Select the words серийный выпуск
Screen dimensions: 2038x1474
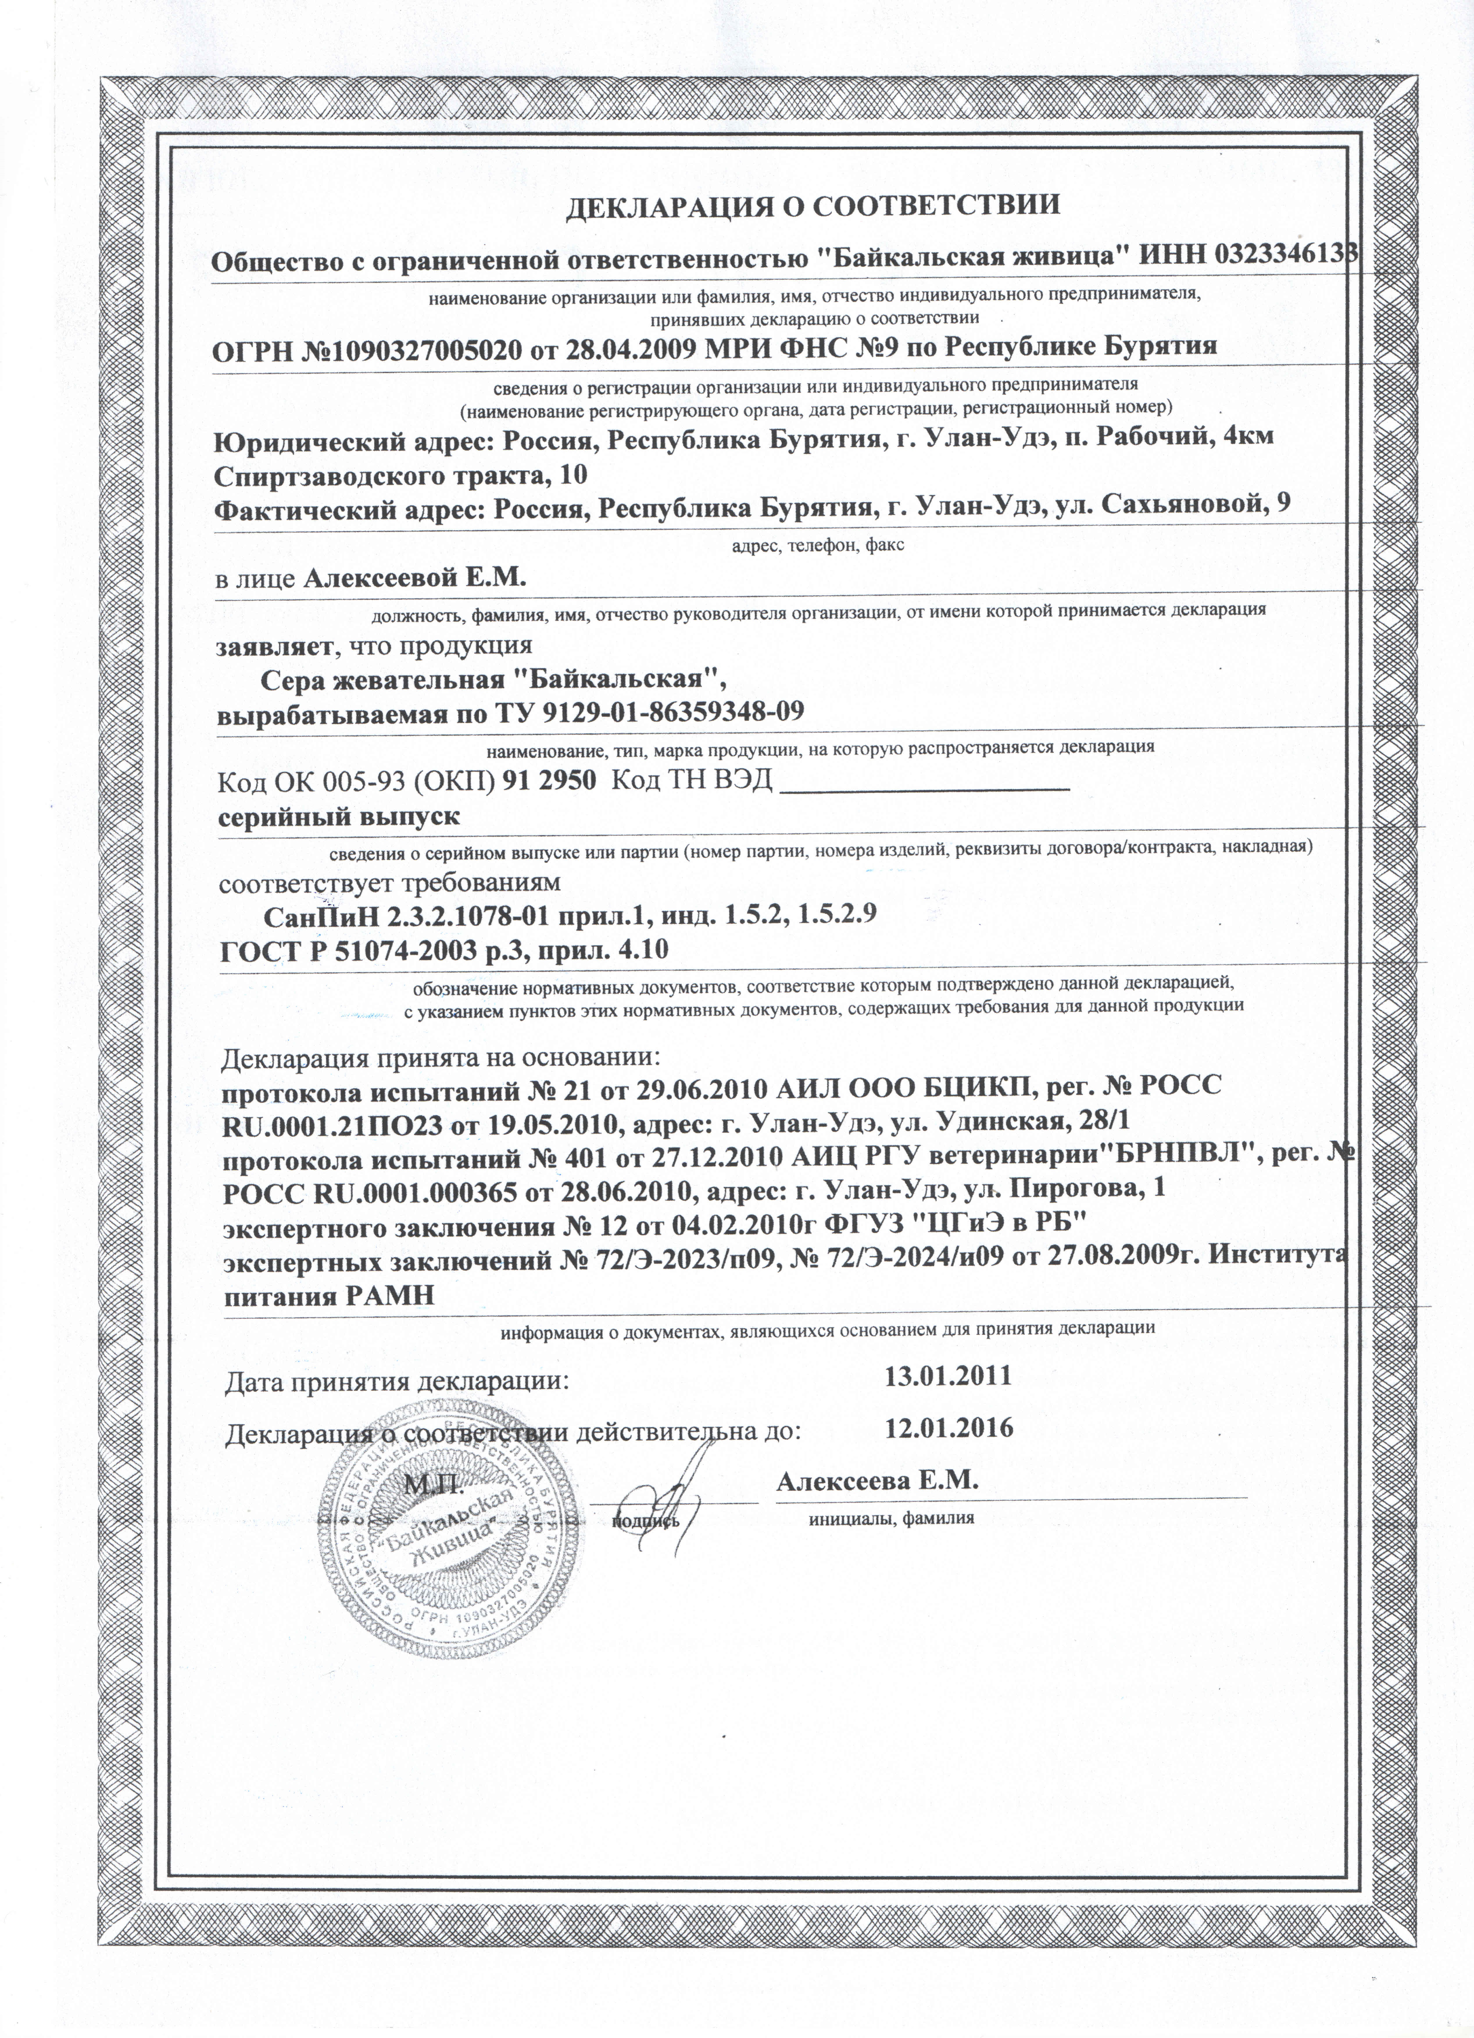click(339, 817)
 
